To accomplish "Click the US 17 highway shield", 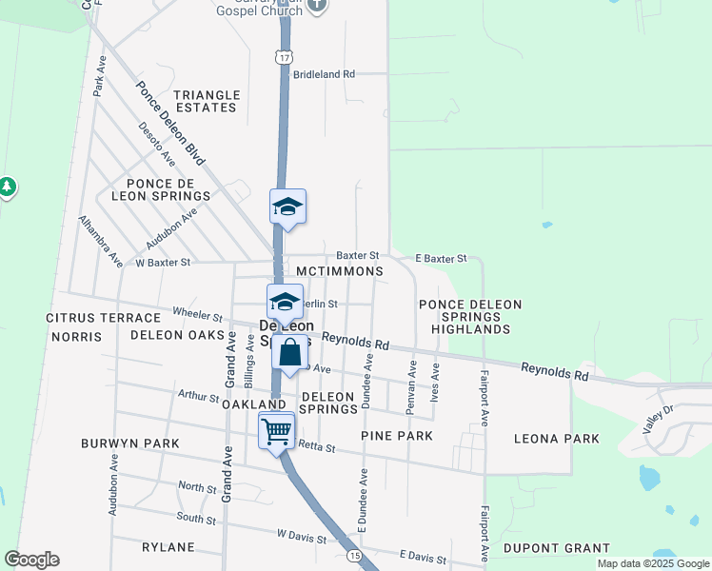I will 285,58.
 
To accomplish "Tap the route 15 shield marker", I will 353,555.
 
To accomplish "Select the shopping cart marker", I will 276,430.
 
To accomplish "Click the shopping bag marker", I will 290,353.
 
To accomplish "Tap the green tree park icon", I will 8,186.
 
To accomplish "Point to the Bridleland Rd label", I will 324,73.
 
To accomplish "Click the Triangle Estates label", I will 206,101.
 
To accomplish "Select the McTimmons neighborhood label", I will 340,272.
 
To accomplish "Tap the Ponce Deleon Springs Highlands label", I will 471,317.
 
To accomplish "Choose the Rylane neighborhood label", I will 168,547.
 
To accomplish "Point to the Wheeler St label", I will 197,312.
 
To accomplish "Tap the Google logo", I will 31,560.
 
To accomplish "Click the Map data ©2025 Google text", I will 651,563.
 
